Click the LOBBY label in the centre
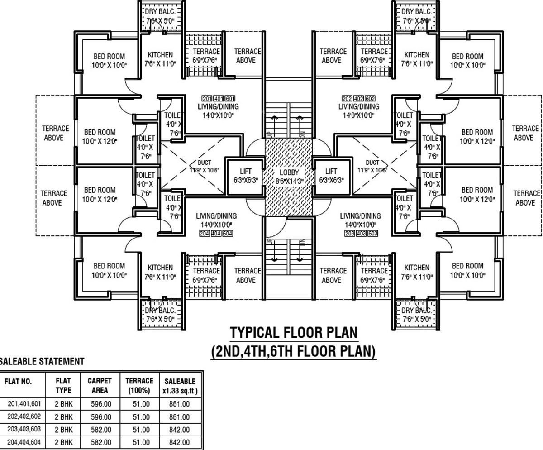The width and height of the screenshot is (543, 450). click(288, 172)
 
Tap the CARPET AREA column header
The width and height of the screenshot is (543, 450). click(100, 385)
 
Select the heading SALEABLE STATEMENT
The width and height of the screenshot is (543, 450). click(42, 361)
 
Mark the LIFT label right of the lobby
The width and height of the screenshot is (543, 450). click(331, 172)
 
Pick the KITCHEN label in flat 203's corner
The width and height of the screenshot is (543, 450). click(417, 268)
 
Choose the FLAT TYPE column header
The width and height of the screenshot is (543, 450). click(63, 385)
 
